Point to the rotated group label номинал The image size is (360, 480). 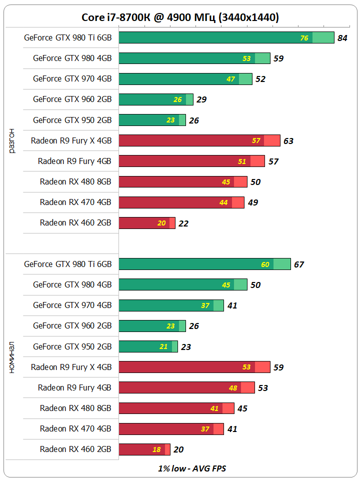[12, 357]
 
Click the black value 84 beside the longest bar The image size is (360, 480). [342, 38]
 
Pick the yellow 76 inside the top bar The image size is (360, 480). [304, 38]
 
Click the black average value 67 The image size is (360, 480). [299, 264]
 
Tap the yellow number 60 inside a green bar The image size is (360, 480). [265, 264]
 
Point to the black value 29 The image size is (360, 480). [201, 99]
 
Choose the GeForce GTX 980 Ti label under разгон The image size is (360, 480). [68, 37]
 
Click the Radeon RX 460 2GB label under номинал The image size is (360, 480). [75, 449]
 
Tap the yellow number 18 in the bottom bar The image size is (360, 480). [156, 449]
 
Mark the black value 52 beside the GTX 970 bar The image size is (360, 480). [260, 79]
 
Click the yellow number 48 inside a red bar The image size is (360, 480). [233, 388]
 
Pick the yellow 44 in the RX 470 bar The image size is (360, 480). [223, 202]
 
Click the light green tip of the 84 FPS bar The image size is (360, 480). [323, 37]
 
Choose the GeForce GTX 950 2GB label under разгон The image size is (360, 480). [72, 120]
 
